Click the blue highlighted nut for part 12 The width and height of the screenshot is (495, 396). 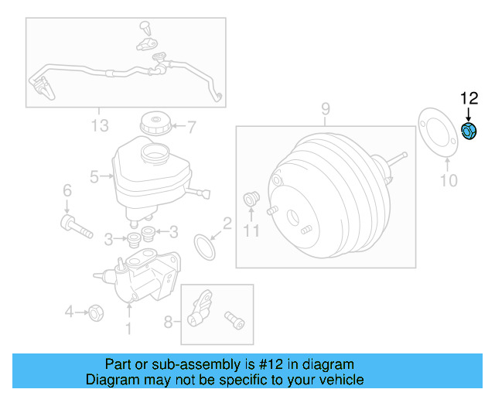pos(468,131)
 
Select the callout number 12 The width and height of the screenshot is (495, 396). pos(469,98)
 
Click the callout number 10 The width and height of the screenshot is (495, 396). pos(449,181)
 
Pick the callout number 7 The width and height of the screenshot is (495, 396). pos(192,125)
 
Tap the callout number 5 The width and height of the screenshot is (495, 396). pos(94,177)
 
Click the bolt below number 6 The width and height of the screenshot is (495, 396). pos(75,227)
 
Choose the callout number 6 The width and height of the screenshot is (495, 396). pos(67,191)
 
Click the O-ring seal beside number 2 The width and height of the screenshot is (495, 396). pos(204,248)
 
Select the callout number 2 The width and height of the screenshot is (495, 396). pos(227,224)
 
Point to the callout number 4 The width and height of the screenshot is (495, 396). pos(69,312)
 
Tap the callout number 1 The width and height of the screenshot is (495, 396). pos(128,329)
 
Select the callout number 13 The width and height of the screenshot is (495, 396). pos(100,125)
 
